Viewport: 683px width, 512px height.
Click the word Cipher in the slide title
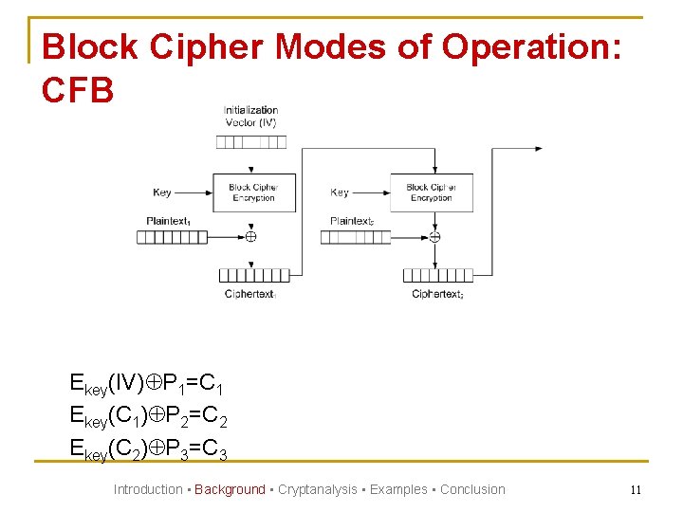186,46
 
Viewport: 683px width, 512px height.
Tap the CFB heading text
79,90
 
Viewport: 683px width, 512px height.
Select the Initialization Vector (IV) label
250,116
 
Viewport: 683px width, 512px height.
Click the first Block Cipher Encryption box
253,192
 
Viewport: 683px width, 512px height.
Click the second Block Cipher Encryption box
432,192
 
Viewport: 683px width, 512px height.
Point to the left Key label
162,192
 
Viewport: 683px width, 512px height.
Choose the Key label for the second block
340,192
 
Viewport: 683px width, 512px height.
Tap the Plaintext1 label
168,221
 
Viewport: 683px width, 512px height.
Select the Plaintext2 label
352,221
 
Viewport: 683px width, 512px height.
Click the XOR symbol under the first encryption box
250,237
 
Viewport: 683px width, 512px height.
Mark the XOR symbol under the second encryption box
434,237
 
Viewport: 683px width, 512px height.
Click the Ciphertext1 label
250,294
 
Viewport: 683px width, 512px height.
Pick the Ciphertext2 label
437,294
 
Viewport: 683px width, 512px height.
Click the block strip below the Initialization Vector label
250,142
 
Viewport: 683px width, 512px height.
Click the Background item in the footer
230,489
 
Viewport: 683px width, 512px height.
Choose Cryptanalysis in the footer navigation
317,489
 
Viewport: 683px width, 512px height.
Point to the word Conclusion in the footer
472,489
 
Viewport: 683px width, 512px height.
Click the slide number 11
636,490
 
